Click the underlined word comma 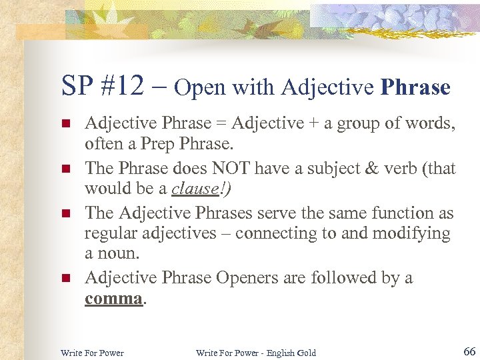click(113, 298)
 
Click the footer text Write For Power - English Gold click(255, 353)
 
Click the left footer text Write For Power click(92, 353)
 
